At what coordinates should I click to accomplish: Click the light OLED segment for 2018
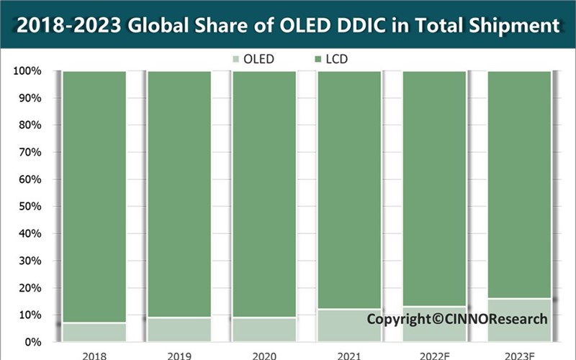95,332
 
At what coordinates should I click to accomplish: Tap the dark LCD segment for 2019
179,194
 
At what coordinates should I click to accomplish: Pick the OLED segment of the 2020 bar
264,330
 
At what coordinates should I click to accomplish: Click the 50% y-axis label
30,207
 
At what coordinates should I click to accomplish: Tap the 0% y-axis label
32,342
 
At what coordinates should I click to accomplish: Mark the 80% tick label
30,125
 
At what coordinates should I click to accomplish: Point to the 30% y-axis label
30,261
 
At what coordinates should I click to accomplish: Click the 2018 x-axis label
95,355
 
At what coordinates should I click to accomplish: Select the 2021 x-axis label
349,355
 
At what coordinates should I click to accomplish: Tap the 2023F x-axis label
519,355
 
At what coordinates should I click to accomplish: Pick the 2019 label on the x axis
179,355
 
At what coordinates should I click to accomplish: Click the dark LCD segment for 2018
95,194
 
